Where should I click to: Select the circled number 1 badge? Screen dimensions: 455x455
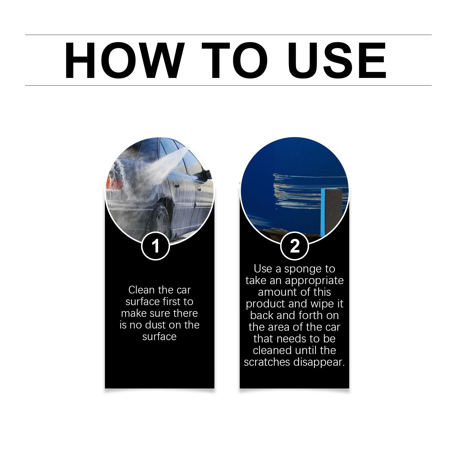tap(156, 246)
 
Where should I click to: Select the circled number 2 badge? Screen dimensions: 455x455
tap(294, 246)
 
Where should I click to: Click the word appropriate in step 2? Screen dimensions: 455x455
tap(314, 281)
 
